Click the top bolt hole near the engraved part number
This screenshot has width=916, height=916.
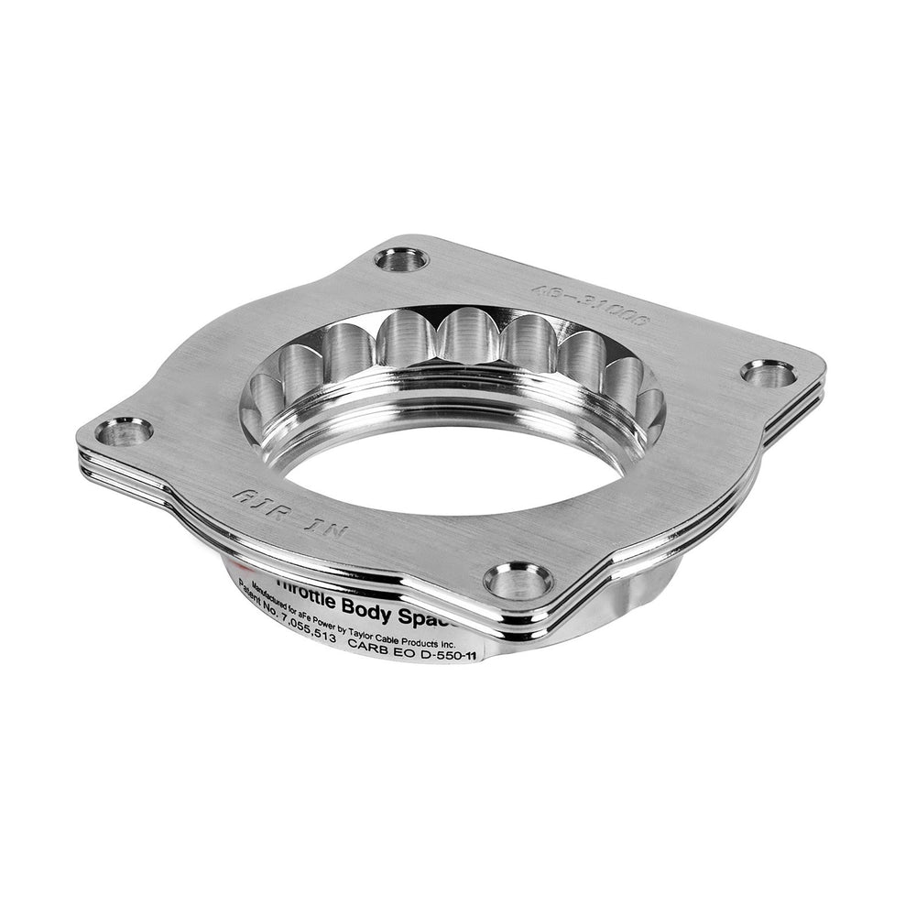[401, 260]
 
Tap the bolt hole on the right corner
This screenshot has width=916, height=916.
[769, 373]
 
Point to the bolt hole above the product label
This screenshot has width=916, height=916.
[518, 580]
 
